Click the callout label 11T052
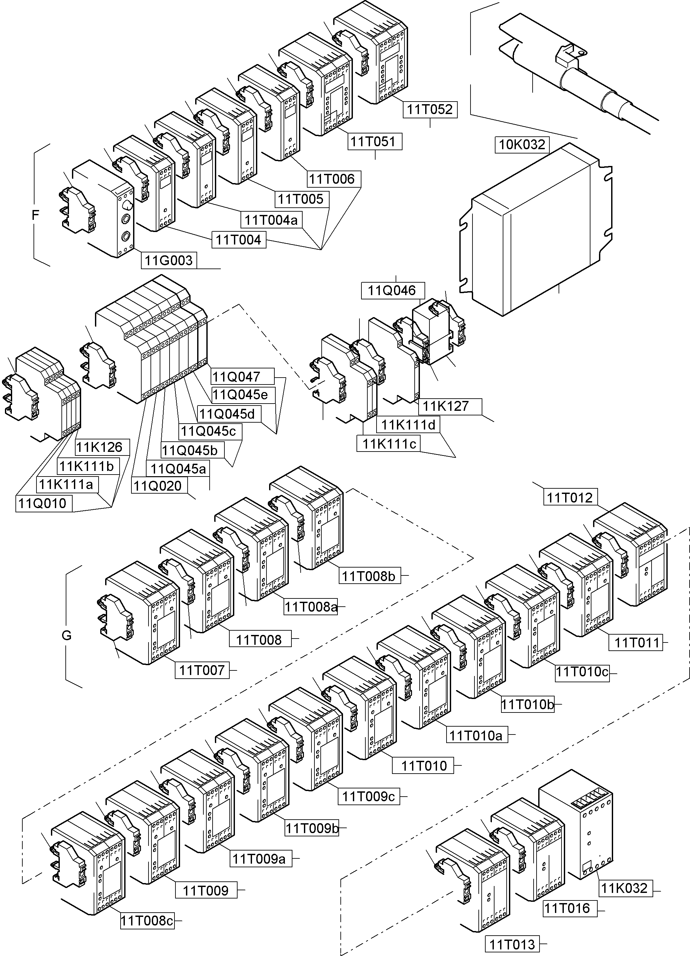[429, 109]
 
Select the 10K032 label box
[522, 145]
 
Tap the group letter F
[35, 215]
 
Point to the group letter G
[67, 636]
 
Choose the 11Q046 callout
[392, 291]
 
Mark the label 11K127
[446, 406]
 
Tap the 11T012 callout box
[569, 498]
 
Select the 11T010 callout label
[423, 765]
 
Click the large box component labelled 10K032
[535, 236]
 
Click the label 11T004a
[271, 220]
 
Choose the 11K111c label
[389, 443]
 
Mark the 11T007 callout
[202, 670]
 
